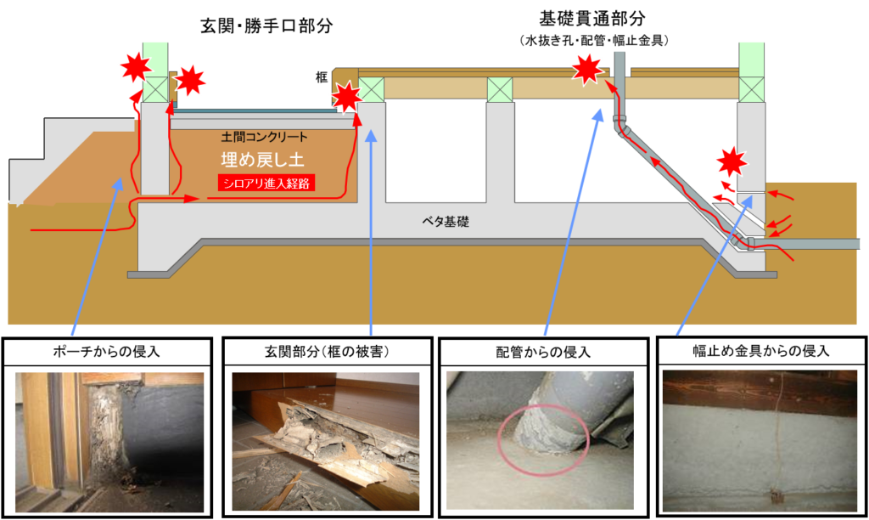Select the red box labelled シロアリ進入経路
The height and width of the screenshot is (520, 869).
point(266,183)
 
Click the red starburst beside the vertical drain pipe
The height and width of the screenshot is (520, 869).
point(586,68)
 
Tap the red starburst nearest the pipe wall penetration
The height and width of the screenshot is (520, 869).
point(730,161)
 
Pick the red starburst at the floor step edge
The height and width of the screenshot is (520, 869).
point(345,97)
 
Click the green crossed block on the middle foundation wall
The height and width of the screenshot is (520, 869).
point(499,88)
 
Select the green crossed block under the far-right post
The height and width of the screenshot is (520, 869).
point(751,88)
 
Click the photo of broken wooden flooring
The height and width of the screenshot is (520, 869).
point(325,441)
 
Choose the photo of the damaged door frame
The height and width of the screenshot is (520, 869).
point(109,442)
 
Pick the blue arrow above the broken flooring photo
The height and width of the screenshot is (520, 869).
point(372,229)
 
